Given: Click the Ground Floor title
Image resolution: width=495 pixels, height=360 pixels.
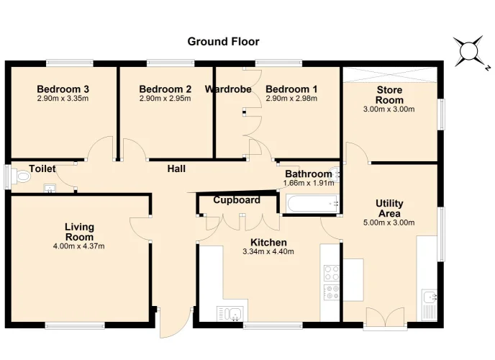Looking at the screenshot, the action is click(x=223, y=41).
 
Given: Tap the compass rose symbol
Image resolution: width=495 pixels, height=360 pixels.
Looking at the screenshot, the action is click(x=469, y=51).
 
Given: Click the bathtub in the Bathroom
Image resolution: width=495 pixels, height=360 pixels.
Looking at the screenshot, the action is click(x=312, y=203).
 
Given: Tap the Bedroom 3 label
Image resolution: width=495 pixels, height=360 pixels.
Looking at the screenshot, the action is click(x=63, y=89).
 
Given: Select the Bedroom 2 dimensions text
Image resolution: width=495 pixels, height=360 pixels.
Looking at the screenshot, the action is click(x=165, y=98).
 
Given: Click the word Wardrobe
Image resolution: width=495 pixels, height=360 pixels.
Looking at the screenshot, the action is click(x=228, y=89).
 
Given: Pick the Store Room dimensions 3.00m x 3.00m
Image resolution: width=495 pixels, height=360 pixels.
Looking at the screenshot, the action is click(x=389, y=109).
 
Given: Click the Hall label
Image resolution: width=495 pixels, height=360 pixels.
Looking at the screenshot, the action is click(x=176, y=168).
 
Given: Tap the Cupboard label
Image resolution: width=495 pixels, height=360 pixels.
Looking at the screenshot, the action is click(x=237, y=200).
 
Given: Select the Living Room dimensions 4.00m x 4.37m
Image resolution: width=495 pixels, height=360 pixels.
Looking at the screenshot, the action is click(x=79, y=246).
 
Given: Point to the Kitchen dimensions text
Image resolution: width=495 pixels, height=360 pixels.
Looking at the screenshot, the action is click(x=268, y=252).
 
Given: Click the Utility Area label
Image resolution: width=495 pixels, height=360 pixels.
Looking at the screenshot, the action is click(x=389, y=208).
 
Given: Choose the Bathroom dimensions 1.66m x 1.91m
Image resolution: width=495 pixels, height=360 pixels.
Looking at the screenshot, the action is click(x=309, y=183).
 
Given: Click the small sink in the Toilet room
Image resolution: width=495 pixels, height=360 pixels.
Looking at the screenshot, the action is click(x=50, y=188).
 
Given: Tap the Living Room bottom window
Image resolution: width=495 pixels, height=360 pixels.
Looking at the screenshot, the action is click(x=75, y=325).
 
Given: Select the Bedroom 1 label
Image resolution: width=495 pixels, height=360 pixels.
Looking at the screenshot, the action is click(x=291, y=89).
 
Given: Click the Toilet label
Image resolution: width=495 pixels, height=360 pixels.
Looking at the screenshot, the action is click(x=42, y=168).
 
